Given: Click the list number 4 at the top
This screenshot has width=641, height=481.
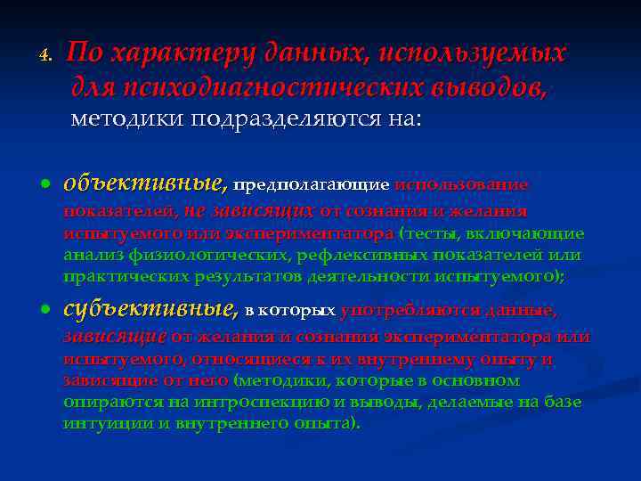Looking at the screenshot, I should pos(46,55).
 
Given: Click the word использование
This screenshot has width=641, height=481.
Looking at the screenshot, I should pos(461,185).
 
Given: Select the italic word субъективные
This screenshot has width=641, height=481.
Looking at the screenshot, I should pos(149,310).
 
